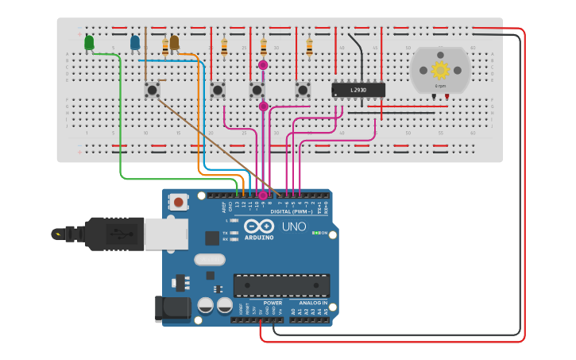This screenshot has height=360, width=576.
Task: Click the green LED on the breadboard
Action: click(x=89, y=42)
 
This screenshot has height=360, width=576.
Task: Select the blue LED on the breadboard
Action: click(x=135, y=41)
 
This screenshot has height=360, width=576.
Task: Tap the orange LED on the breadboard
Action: click(x=174, y=42)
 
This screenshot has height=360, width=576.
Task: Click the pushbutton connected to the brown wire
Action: click(x=151, y=89)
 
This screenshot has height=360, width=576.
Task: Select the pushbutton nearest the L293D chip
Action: click(x=302, y=90)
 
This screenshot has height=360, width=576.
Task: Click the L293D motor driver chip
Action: click(x=358, y=90)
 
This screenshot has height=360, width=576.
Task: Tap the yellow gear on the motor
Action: click(x=439, y=68)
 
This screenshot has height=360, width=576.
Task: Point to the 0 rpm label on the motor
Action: click(x=439, y=85)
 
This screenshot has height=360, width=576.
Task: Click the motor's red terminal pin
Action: click(x=446, y=97)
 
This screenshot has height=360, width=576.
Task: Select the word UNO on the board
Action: click(x=293, y=227)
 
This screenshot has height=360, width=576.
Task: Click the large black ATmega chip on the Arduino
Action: click(x=281, y=285)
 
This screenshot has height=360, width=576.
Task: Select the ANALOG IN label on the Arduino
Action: click(x=311, y=303)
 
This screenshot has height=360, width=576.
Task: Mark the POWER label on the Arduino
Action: click(x=273, y=303)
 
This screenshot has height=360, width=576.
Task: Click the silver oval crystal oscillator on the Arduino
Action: click(x=210, y=259)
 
